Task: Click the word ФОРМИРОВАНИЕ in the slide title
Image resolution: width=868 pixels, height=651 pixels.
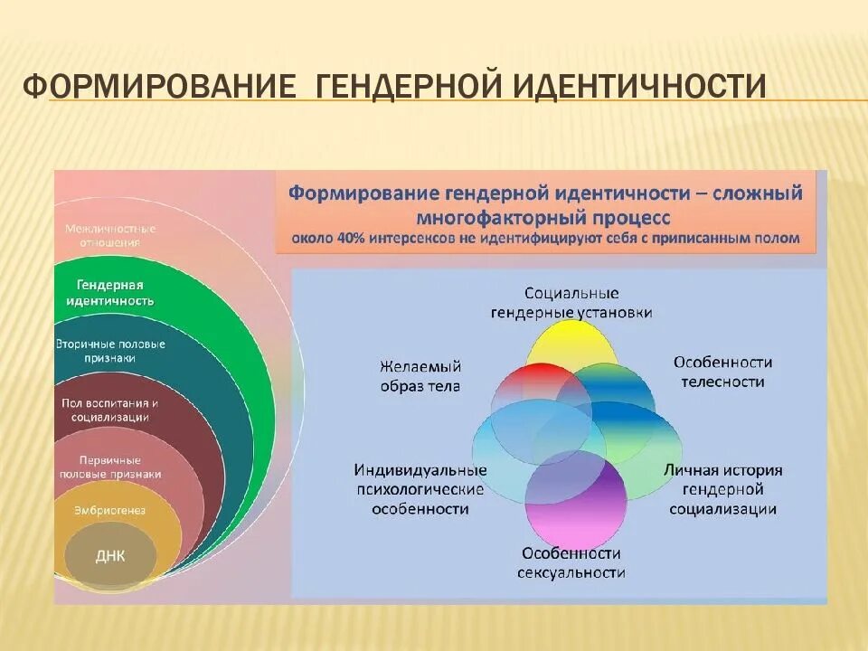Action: pos(159,88)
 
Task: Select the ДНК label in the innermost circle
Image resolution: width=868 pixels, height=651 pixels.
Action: pos(110,556)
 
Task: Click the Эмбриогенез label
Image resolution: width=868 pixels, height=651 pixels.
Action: pos(110,510)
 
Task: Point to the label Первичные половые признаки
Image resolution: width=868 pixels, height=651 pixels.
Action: pos(110,466)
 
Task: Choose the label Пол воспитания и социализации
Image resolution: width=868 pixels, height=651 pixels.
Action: pos(110,410)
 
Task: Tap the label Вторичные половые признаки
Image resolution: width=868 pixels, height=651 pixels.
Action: pos(110,351)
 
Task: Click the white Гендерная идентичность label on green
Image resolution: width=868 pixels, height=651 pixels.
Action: pos(110,292)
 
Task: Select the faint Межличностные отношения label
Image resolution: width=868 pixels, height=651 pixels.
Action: pos(110,235)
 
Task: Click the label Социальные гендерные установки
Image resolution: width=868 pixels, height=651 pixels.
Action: pos(571,303)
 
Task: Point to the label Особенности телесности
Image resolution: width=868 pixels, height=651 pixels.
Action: pos(722,372)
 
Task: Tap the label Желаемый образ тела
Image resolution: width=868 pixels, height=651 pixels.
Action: pos(420,376)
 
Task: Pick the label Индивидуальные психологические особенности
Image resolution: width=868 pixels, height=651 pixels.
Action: pos(420,489)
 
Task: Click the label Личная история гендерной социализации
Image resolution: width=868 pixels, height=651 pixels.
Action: pos(722,489)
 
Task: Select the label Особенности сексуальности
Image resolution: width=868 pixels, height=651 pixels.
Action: pos(571,562)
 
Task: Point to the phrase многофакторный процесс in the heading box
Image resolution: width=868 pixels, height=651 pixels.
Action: pos(543,218)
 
